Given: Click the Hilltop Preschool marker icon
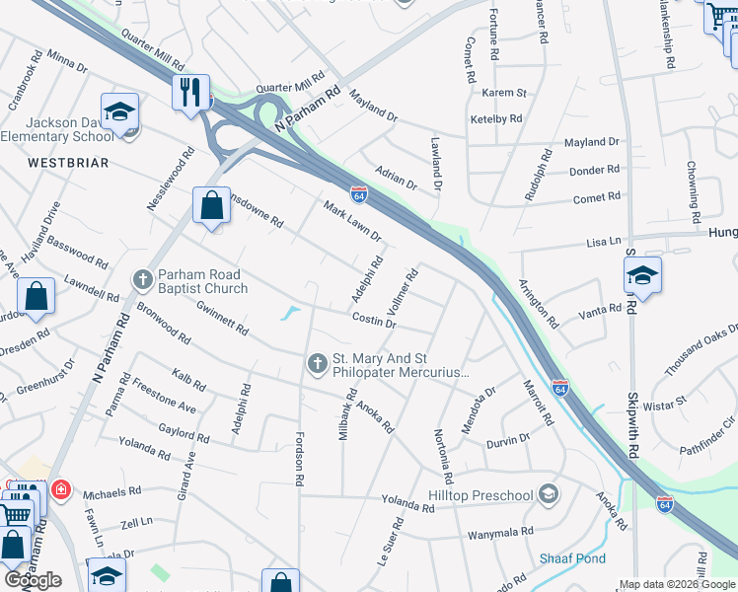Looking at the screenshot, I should (x=549, y=494).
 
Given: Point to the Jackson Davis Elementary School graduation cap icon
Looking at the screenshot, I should (x=119, y=112).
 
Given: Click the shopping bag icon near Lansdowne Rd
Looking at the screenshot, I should (x=211, y=206).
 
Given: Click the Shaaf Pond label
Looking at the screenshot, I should (x=572, y=558).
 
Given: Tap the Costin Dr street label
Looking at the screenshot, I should (x=375, y=322).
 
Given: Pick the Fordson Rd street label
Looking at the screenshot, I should (x=298, y=456).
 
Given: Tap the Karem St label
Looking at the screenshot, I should (x=504, y=93).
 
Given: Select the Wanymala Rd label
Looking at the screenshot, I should (x=500, y=533).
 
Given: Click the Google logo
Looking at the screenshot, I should (x=34, y=581).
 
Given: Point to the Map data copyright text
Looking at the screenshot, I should (x=677, y=584).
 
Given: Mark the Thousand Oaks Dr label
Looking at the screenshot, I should (x=701, y=350).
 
